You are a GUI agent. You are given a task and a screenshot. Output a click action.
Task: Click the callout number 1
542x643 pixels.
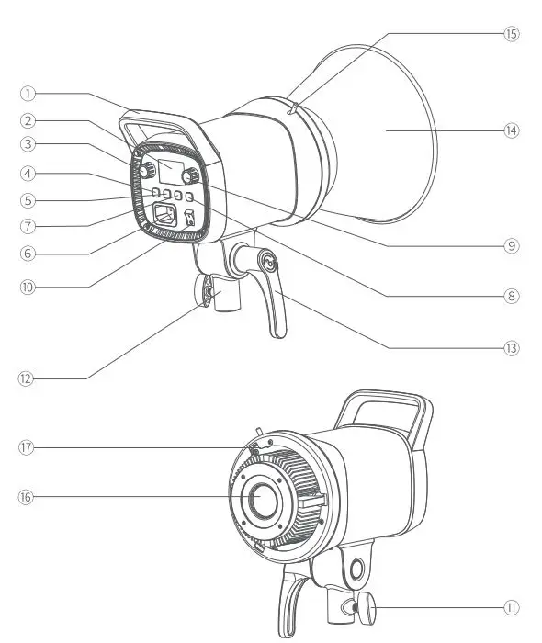28,94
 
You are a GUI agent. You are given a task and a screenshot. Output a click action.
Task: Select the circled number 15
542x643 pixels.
512,33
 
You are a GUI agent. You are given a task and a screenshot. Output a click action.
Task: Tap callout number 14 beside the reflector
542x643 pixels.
512,130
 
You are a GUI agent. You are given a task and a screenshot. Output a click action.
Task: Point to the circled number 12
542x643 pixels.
28,378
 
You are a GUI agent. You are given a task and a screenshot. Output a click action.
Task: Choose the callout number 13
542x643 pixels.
512,348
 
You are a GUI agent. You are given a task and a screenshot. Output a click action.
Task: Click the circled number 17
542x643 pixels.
28,447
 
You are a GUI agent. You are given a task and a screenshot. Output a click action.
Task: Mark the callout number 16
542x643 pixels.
28,497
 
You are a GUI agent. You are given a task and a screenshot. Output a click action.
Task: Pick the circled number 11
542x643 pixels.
512,607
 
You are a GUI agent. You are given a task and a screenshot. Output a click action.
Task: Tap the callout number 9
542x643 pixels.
512,245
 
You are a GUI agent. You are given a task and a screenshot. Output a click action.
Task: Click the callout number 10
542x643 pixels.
28,286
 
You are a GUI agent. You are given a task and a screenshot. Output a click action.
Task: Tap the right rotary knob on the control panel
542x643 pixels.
191,175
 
